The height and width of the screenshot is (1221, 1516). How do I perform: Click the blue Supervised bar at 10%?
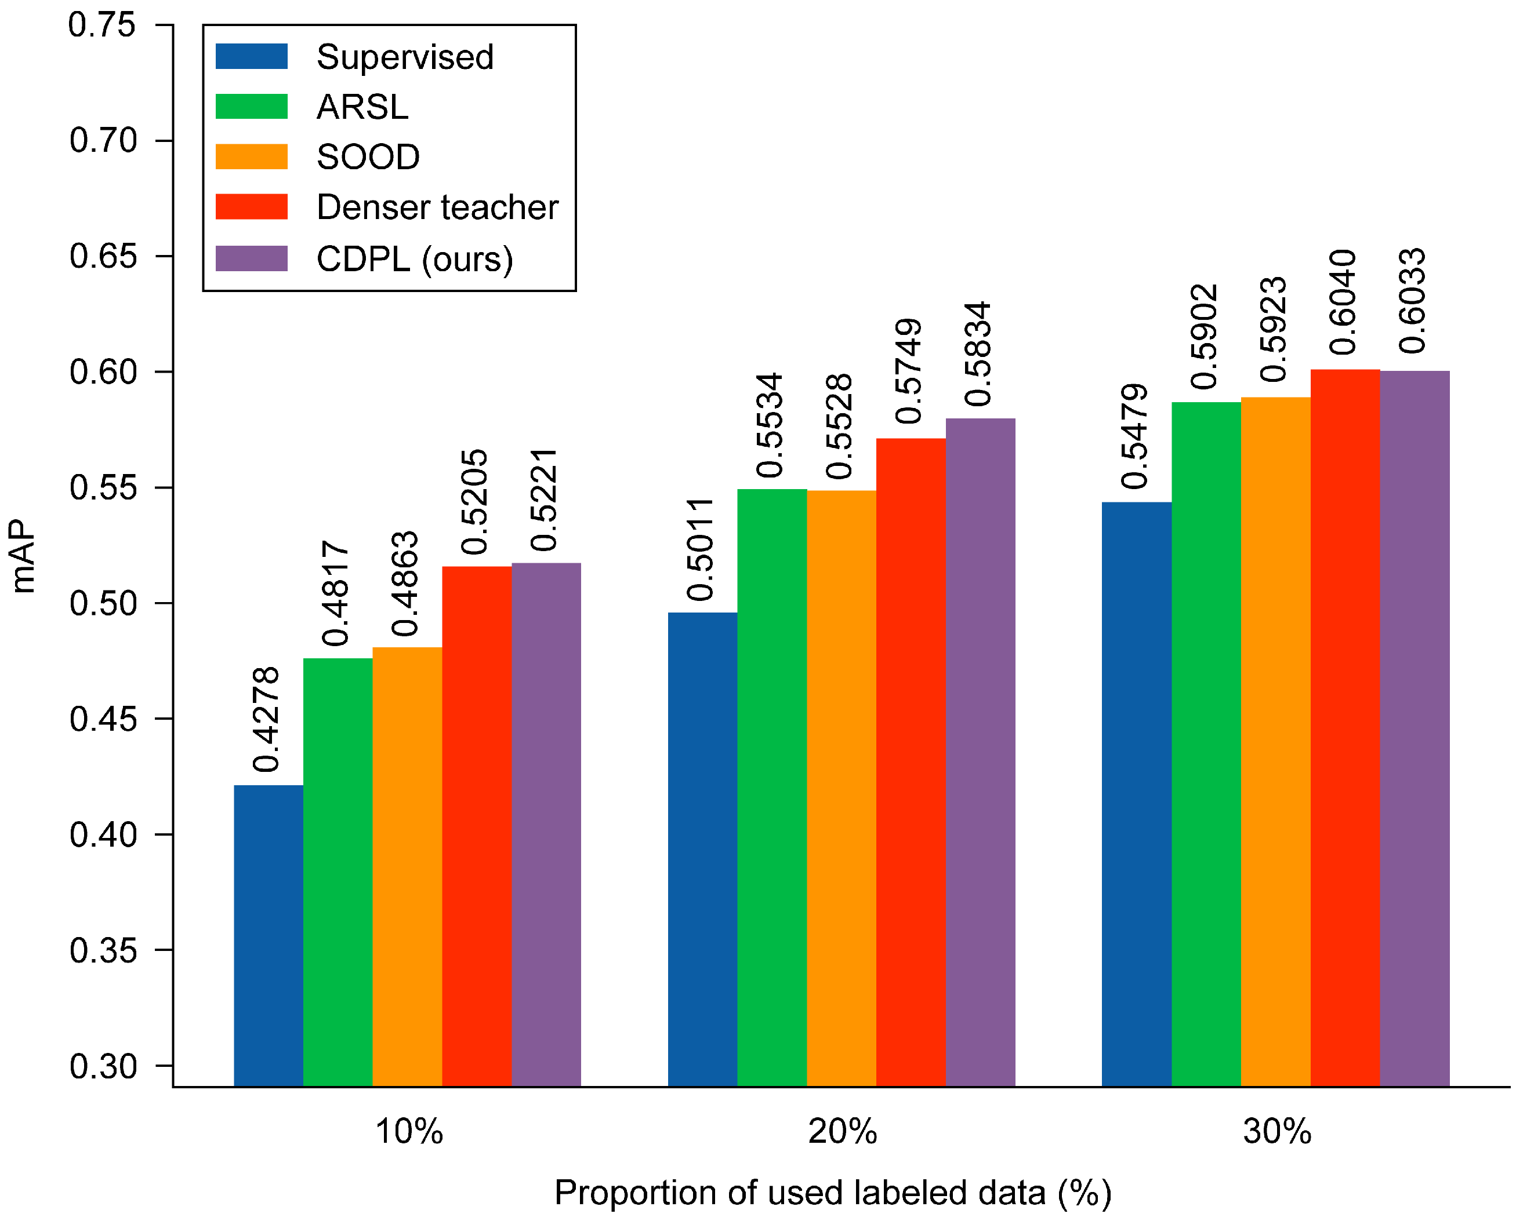[x=268, y=935]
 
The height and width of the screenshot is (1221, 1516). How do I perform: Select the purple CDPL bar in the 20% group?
[x=980, y=753]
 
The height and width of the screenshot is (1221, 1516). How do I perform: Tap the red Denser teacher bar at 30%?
[x=1345, y=728]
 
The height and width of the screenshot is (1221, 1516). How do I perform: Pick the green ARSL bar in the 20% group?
[x=772, y=788]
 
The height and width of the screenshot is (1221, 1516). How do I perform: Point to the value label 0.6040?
[x=1343, y=302]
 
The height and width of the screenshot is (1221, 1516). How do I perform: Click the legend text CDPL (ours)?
[x=415, y=259]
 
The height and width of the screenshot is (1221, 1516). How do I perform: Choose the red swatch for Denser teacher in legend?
[x=251, y=207]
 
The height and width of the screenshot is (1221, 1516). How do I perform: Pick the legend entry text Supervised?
[x=405, y=57]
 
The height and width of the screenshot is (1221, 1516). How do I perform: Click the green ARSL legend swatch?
[x=251, y=107]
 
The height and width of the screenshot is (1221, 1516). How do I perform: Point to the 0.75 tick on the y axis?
[x=102, y=25]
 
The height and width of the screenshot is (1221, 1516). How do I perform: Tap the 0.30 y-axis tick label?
[x=102, y=1066]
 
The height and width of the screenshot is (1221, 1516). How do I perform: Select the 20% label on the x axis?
[x=843, y=1132]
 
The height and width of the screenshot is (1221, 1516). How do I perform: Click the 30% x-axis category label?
[x=1276, y=1132]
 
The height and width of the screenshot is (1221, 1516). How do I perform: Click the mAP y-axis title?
[x=23, y=556]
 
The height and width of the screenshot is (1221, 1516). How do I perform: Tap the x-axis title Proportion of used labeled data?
[x=833, y=1193]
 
